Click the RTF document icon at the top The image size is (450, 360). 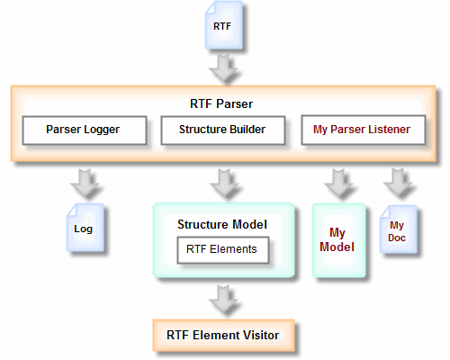[x=224, y=25]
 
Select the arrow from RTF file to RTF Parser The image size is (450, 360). [x=224, y=68]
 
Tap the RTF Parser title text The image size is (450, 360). [x=221, y=104]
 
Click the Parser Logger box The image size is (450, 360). [x=85, y=130]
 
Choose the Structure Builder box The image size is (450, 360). [x=223, y=130]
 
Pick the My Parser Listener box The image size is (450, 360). [x=364, y=130]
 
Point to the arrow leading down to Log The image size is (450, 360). [x=85, y=183]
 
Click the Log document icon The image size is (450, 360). [x=85, y=228]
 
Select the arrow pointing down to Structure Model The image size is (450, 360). [x=224, y=183]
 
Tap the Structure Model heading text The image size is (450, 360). [x=222, y=224]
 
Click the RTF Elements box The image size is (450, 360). [x=223, y=250]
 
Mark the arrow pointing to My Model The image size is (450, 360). [x=338, y=183]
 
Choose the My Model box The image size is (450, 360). [x=339, y=240]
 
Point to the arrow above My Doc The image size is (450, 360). [x=398, y=183]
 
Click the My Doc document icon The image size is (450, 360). [x=399, y=229]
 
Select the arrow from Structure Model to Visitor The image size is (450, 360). [x=224, y=299]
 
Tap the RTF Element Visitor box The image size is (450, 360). [x=223, y=335]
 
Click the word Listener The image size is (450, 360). [x=390, y=130]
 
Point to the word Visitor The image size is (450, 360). [x=261, y=335]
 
